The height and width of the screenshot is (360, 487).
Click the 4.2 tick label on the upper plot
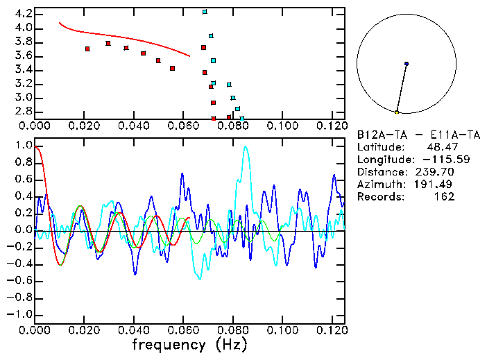point(22,14)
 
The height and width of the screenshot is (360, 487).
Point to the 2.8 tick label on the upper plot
point(22,111)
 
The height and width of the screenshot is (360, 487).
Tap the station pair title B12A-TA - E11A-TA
point(418,135)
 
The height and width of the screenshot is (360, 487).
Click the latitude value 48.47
point(440,147)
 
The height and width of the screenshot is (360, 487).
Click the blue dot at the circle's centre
point(407,64)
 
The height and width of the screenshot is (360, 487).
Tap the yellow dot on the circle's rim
point(397,112)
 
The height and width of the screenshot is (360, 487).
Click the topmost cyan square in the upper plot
point(205,12)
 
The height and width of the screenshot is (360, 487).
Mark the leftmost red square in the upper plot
point(87,49)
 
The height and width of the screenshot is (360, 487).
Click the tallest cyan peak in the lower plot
point(245,147)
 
